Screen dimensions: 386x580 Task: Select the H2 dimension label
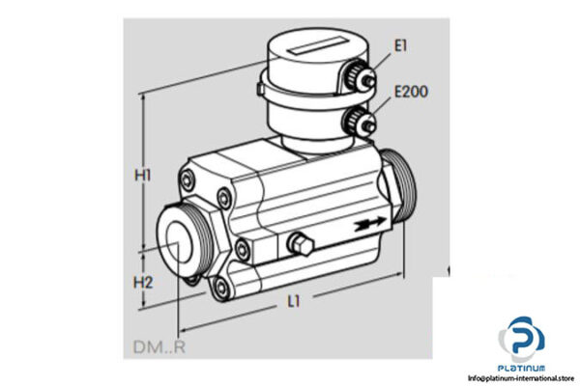[143, 283]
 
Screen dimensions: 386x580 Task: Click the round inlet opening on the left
[180, 247]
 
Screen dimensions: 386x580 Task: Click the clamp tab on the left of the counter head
[264, 91]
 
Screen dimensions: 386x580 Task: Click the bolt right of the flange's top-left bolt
[225, 199]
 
